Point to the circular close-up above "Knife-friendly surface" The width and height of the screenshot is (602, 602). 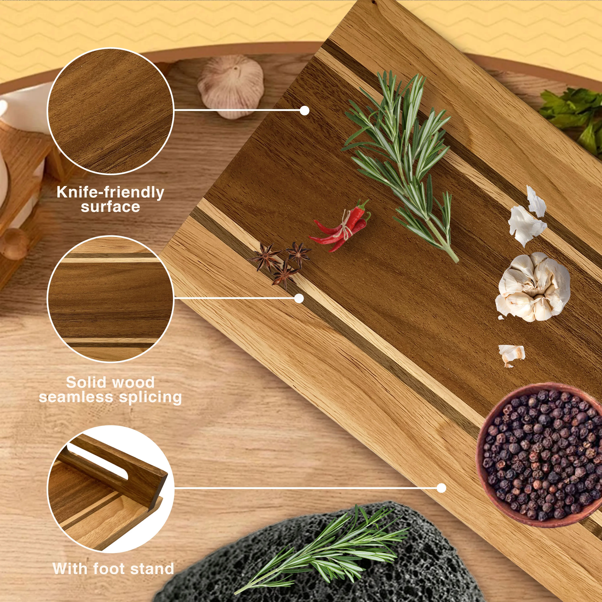coord(110,111)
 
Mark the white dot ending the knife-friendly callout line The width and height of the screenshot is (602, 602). coord(304,111)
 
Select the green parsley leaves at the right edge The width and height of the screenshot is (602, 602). coord(573,118)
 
